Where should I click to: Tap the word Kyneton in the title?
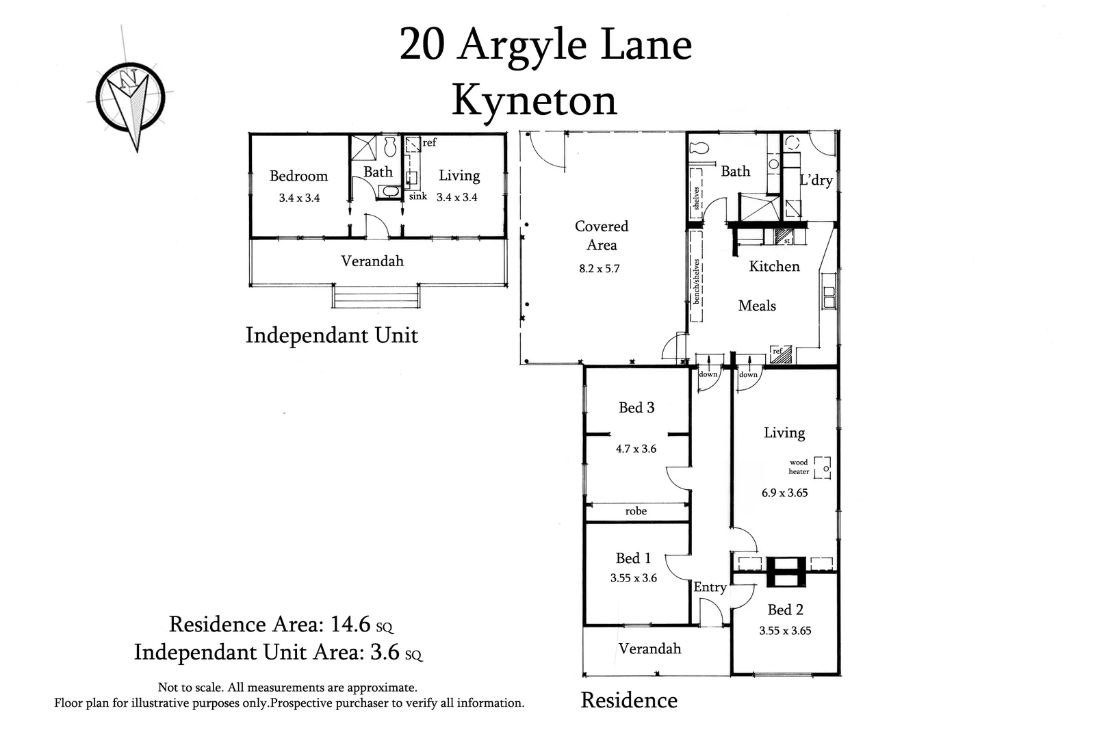tap(534, 101)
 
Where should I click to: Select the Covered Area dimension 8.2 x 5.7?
tap(599, 269)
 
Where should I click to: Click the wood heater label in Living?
tap(799, 467)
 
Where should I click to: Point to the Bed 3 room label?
tap(636, 408)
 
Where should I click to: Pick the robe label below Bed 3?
tap(636, 511)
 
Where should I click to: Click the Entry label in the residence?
tap(710, 587)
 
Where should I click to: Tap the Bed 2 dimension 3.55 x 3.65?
tap(785, 631)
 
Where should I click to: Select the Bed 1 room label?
tap(633, 558)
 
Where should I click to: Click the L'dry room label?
tap(816, 180)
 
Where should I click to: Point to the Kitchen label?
tap(774, 266)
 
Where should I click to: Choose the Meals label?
tap(757, 306)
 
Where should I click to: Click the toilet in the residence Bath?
tap(699, 148)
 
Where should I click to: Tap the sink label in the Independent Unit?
tap(417, 196)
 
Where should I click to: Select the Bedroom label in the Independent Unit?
tap(298, 176)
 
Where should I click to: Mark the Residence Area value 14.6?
tap(350, 624)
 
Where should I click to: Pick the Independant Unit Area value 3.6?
tap(385, 652)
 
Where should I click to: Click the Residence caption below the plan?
tap(629, 700)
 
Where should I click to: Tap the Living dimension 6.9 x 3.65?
tap(784, 493)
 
